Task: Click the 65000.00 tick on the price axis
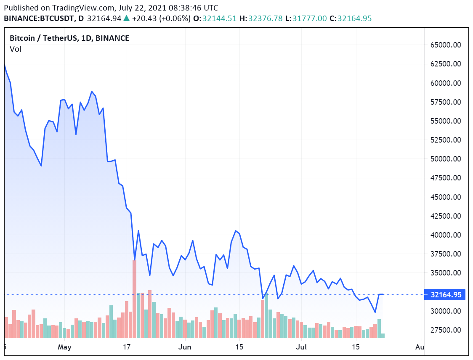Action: [x=445, y=45]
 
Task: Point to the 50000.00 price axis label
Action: [x=445, y=159]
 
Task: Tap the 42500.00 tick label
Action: [x=445, y=216]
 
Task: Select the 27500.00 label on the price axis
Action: [x=445, y=330]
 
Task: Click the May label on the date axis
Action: [x=65, y=347]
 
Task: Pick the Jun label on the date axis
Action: [x=185, y=347]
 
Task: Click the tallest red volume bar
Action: [x=135, y=299]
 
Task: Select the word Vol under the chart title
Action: [x=15, y=49]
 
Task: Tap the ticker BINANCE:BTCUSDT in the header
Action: [x=37, y=19]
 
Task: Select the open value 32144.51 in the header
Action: [x=219, y=19]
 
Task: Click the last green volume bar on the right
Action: [x=383, y=335]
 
